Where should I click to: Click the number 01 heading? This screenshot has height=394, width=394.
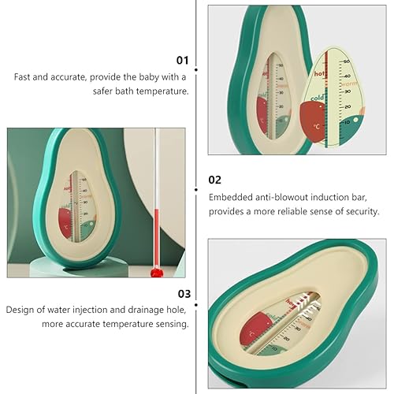pyautogui.click(x=183, y=59)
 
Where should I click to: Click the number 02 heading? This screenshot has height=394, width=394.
pyautogui.click(x=215, y=180)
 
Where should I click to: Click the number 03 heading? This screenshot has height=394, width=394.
pyautogui.click(x=183, y=292)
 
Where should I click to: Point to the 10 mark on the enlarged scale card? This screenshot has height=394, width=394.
pyautogui.click(x=348, y=122)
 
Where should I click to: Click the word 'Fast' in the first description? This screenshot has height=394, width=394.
pyautogui.click(x=22, y=77)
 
